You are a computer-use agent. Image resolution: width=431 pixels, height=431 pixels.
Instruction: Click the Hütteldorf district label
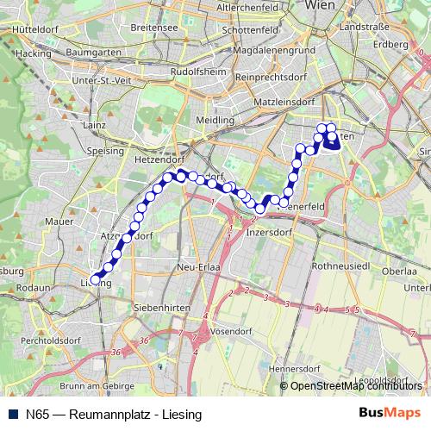pos(35,28)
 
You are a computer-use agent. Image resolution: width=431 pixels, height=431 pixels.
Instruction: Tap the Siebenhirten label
pos(155,307)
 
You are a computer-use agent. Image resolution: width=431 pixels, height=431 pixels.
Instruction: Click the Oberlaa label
pos(399,271)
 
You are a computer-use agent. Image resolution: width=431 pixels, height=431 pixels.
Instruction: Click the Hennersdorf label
pos(293,368)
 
